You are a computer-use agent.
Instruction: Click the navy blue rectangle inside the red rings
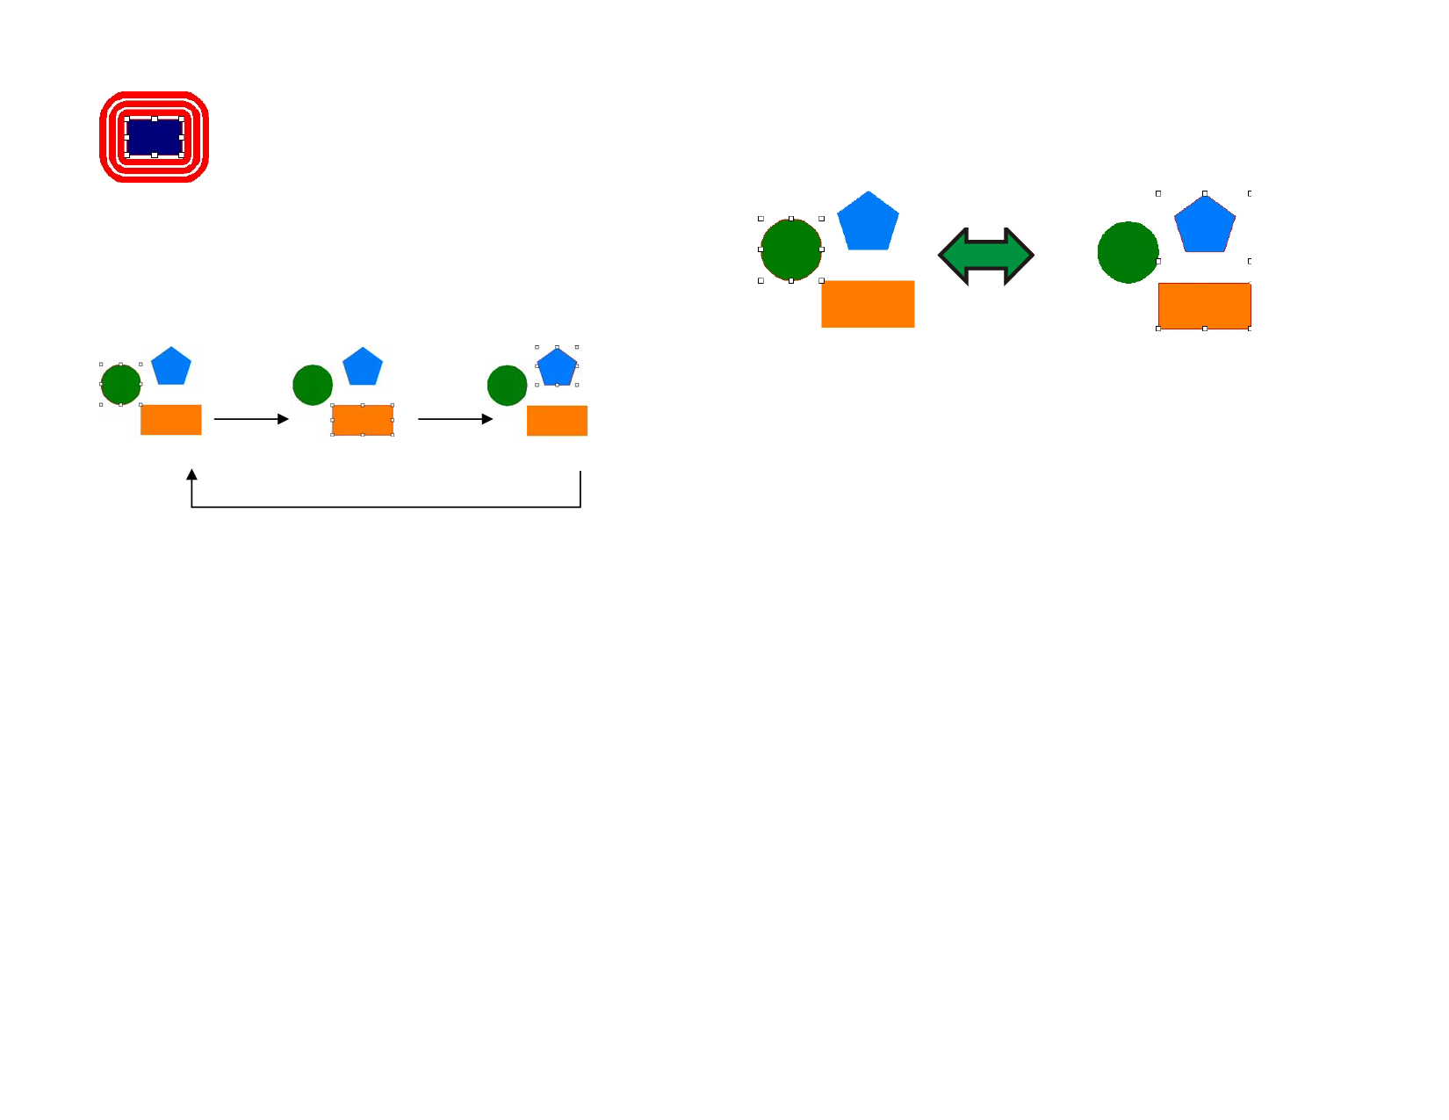point(155,137)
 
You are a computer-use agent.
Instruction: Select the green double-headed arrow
point(985,256)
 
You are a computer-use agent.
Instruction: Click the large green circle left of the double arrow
point(790,249)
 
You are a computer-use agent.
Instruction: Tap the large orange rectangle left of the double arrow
point(868,304)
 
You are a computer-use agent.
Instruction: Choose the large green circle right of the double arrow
point(1128,252)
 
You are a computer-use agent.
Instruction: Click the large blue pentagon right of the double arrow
point(1205,226)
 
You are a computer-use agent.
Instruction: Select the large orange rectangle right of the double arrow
point(1204,306)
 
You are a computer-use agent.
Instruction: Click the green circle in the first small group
point(120,385)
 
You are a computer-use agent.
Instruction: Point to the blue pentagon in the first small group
point(171,367)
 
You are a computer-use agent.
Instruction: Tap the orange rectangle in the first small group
point(171,420)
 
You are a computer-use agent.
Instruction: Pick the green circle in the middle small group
point(313,385)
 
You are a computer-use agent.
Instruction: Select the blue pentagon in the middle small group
point(363,368)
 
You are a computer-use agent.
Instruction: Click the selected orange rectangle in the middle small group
point(362,420)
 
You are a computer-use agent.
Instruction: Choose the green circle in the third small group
point(507,386)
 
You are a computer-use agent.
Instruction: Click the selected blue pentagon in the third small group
point(557,368)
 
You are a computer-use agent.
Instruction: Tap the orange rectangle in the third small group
point(557,421)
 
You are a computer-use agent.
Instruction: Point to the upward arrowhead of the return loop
point(191,474)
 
